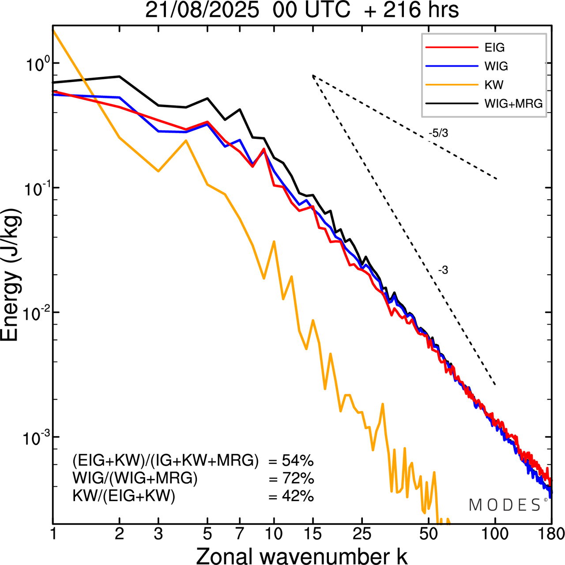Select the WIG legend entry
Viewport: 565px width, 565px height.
496,66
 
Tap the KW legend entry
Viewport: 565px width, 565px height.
494,85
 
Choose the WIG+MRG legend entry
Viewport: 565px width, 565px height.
513,104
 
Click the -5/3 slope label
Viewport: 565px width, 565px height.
438,133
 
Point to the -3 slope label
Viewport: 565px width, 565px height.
443,270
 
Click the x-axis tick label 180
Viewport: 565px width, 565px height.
552,534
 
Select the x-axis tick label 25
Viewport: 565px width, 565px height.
362,534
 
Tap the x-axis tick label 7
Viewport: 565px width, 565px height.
240,534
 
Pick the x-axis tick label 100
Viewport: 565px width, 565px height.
495,534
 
